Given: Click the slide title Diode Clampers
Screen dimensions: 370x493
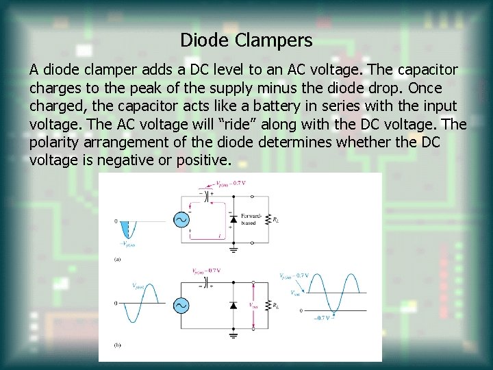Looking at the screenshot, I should click(x=246, y=40).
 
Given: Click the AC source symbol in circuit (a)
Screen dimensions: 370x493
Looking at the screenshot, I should click(x=183, y=219).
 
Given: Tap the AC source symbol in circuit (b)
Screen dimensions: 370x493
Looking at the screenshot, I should click(x=183, y=305).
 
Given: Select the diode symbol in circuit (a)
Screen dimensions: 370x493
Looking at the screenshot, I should click(x=233, y=220).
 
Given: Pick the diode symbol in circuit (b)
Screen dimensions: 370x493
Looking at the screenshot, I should click(x=233, y=306).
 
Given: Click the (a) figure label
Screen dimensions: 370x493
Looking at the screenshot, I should click(x=118, y=260).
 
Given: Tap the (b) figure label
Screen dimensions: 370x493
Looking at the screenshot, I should click(x=118, y=347).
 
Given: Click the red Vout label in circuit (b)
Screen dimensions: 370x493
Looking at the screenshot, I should click(x=253, y=306).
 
